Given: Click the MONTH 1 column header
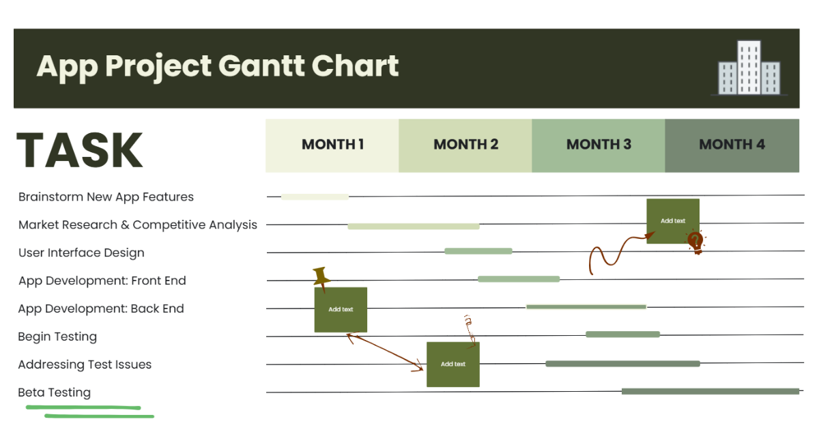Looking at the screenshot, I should [x=332, y=145].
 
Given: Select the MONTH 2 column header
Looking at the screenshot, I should [x=465, y=145].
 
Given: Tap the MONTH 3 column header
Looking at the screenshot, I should [x=599, y=145].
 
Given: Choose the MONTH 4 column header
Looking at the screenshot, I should [x=732, y=145].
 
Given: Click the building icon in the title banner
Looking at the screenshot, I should [x=749, y=68].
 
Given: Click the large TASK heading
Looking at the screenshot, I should [x=80, y=150].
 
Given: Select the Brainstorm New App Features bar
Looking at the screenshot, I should [x=315, y=197].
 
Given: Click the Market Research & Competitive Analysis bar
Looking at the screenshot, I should [x=414, y=226].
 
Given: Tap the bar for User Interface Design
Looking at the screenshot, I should [x=478, y=251].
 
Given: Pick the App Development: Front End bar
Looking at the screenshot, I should [x=519, y=279].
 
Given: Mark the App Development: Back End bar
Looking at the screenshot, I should [x=586, y=307].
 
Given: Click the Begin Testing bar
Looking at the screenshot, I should [x=622, y=334].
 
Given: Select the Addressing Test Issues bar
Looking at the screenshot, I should [x=622, y=364].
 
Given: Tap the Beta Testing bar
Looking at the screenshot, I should [x=710, y=391].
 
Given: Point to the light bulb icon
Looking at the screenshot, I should [x=695, y=242].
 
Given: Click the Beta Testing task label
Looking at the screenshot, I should [x=55, y=392].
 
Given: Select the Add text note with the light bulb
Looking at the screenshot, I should [x=672, y=220].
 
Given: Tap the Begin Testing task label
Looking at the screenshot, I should [x=57, y=336].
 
